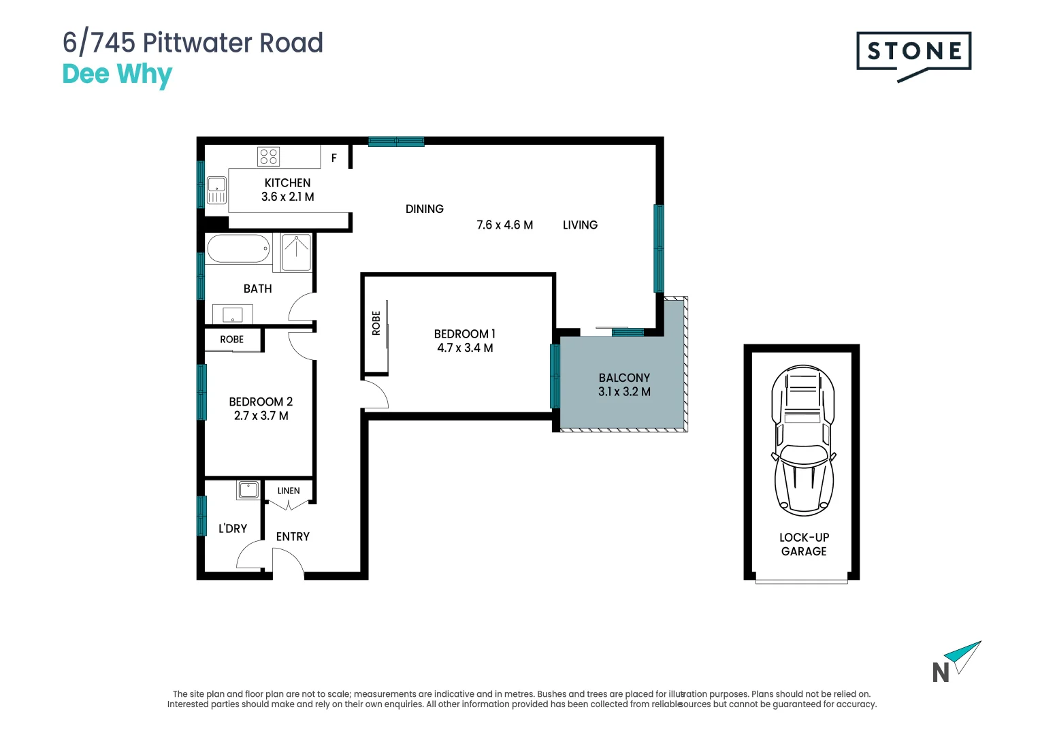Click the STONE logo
point(913,52)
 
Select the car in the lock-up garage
point(803,440)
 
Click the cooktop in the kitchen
point(268,157)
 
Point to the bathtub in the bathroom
point(238,249)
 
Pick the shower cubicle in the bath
point(297,252)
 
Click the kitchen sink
point(216,190)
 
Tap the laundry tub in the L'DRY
point(248,489)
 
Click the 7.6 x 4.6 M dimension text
point(504,225)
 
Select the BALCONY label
point(624,378)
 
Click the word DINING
point(424,210)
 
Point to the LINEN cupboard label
point(289,491)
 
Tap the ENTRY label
point(293,537)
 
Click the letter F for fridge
point(334,158)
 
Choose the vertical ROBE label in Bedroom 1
point(376,323)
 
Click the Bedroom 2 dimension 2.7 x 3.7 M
point(261,416)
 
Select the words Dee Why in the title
point(117,74)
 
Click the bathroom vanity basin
point(232,315)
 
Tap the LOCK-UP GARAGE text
point(804,544)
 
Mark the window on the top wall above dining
point(396,142)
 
